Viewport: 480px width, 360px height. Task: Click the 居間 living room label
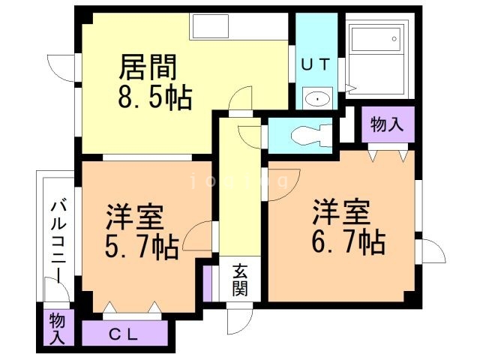[149, 67]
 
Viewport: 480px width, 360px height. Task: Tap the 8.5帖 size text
[154, 97]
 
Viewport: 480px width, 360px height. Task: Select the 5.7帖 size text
[142, 245]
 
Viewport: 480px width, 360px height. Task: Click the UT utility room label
[315, 64]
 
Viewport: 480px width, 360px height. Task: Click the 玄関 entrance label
[239, 279]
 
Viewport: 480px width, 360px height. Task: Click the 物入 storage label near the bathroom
[387, 124]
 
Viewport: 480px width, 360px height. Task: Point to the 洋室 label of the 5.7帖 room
[135, 217]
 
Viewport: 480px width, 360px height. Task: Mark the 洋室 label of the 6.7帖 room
[341, 212]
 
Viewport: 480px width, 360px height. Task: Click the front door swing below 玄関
[238, 320]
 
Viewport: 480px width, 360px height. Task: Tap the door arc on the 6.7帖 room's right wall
[430, 249]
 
